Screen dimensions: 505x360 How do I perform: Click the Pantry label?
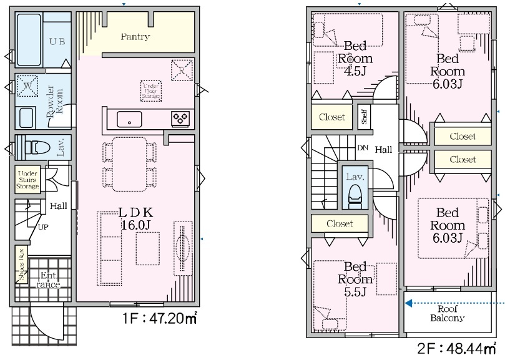(x=135, y=37)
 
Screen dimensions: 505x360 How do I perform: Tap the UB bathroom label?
(x=57, y=41)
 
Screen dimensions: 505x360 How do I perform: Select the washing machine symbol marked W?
(x=27, y=85)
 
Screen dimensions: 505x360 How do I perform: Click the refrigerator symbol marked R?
(x=182, y=71)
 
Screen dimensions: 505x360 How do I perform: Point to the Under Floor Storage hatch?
(x=150, y=91)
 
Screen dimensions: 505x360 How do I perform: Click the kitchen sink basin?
(x=129, y=119)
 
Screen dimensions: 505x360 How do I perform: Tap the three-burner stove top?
(x=180, y=119)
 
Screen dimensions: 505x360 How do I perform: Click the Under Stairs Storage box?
(x=28, y=180)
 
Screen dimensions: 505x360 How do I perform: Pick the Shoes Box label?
(x=21, y=265)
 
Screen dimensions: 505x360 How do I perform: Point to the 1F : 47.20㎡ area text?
(x=160, y=318)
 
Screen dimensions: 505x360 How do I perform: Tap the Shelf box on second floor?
(x=365, y=117)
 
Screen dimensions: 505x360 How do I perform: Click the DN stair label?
(x=363, y=148)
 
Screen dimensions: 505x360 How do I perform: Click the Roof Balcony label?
(x=448, y=313)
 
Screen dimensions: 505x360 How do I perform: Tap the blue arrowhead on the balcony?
(x=408, y=303)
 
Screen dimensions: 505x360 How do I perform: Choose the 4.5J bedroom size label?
(x=355, y=71)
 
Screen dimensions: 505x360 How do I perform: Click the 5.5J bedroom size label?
(x=355, y=292)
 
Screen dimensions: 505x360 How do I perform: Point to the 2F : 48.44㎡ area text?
(x=457, y=349)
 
